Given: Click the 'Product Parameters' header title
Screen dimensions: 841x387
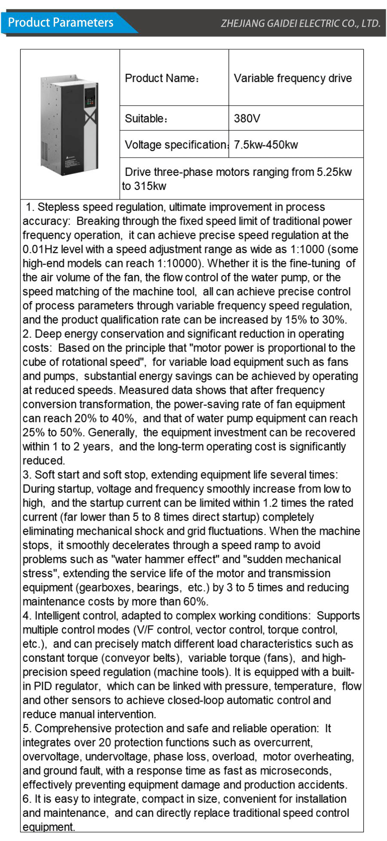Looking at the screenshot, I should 61,22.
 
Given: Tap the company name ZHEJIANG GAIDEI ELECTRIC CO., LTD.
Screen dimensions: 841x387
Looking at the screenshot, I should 300,24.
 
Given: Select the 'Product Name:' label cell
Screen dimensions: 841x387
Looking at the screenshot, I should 162,78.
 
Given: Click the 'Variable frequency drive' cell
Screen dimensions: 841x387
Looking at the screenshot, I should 293,78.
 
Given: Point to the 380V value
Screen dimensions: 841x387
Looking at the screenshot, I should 247,118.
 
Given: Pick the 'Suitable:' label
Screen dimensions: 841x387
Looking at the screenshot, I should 146,118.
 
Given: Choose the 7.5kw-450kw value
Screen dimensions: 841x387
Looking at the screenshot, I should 265,145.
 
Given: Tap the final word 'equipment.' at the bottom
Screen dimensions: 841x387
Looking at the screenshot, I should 48,827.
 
